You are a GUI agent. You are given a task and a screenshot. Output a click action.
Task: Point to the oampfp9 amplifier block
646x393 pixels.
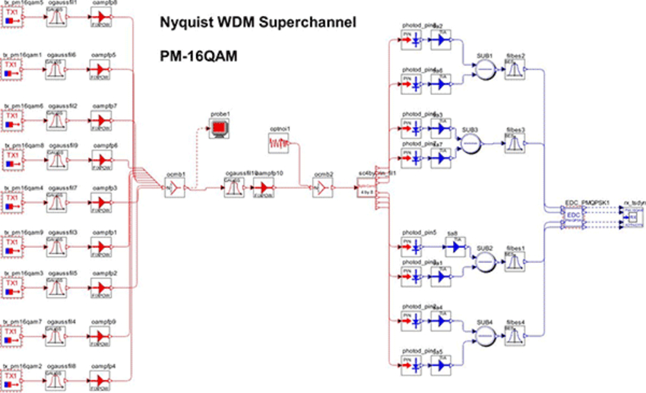100,335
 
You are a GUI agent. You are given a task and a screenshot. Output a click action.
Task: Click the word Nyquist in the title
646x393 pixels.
185,23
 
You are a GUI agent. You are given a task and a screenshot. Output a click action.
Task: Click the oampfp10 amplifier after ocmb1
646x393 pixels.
263,189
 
